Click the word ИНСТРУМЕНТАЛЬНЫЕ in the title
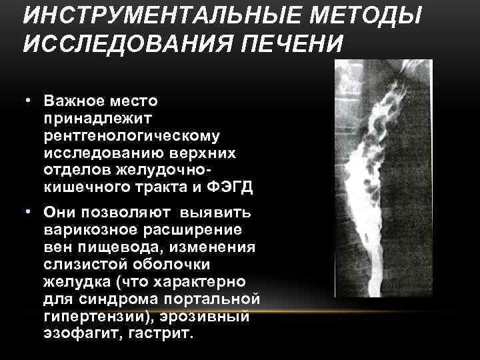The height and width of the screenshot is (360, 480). [142, 14]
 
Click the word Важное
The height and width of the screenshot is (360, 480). [73, 101]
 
